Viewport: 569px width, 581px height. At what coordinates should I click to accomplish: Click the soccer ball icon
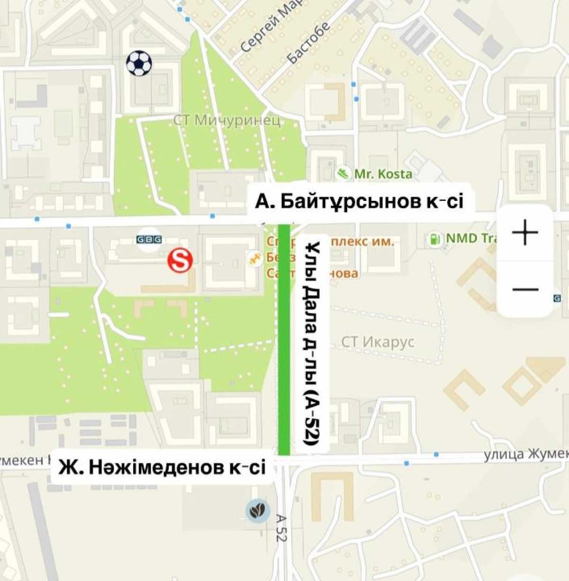point(139,64)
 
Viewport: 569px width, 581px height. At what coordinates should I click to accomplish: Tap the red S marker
point(180,261)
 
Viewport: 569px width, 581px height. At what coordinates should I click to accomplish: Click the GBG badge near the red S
point(149,239)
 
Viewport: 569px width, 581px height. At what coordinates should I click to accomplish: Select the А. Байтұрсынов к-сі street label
point(359,201)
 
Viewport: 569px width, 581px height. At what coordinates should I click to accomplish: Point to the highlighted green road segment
point(284,341)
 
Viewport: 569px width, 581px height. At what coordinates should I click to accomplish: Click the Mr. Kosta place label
point(383,174)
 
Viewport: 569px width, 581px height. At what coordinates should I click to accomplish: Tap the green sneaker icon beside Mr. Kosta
point(343,173)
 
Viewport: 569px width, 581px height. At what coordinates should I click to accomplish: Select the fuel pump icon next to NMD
point(433,239)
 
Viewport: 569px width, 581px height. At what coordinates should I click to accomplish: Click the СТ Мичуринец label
point(227,120)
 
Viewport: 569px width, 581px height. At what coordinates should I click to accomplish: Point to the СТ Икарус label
point(378,342)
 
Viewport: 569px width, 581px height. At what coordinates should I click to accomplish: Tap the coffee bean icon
point(258,511)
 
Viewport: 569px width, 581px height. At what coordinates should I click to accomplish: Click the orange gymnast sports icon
point(255,259)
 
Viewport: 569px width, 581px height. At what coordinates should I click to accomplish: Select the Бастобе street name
point(309,43)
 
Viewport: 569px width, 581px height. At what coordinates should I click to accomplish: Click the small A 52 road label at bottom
point(281,528)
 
